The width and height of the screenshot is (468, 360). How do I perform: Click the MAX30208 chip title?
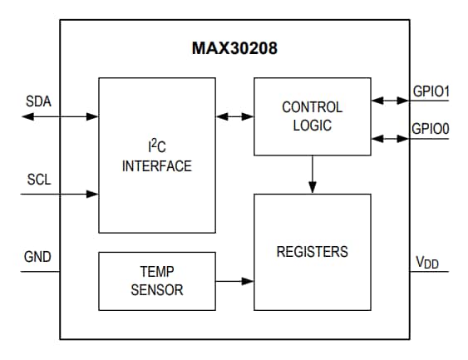click(x=234, y=48)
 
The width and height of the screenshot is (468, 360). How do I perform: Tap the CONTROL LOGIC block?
click(x=312, y=116)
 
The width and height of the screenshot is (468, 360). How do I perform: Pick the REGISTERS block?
click(x=312, y=251)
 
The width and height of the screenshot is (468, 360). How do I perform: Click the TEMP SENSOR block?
click(x=156, y=281)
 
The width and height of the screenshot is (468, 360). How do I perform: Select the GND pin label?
click(x=37, y=257)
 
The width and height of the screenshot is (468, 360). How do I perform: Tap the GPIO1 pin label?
click(x=431, y=89)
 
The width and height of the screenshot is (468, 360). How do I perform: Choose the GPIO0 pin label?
click(x=431, y=129)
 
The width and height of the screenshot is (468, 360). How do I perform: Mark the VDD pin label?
click(x=427, y=263)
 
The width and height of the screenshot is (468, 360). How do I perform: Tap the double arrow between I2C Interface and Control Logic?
click(x=234, y=116)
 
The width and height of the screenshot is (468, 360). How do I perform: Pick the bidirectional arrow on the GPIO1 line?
click(x=390, y=101)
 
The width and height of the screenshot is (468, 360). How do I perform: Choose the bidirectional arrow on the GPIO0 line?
click(x=390, y=138)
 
